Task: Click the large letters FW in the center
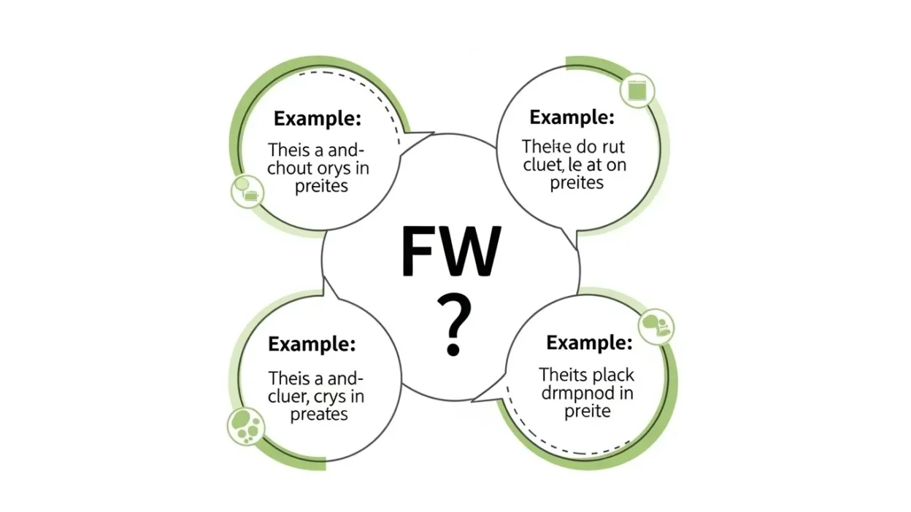click(x=451, y=252)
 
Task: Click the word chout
click(x=291, y=168)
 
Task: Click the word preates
click(x=319, y=415)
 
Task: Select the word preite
click(x=588, y=411)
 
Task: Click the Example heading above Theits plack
click(x=589, y=342)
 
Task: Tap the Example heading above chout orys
click(x=317, y=118)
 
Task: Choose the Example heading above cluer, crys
click(x=312, y=343)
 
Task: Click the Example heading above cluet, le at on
click(x=572, y=117)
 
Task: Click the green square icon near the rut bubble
click(x=637, y=89)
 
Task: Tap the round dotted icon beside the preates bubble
click(x=245, y=425)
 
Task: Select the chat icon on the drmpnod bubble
click(x=656, y=326)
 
